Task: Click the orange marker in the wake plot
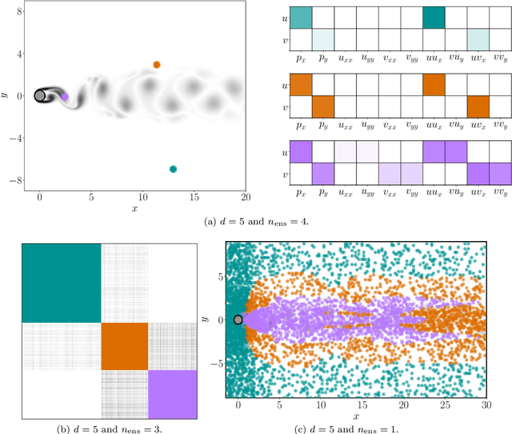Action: click(x=157, y=65)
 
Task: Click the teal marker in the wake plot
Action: click(x=173, y=169)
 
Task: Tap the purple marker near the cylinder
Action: click(x=65, y=97)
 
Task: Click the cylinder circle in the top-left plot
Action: click(x=40, y=96)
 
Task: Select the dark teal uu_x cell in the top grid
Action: click(x=434, y=18)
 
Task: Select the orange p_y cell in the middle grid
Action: click(x=322, y=107)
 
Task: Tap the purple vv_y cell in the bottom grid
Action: click(x=500, y=175)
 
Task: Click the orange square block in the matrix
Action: click(x=125, y=346)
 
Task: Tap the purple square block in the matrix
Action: click(x=172, y=394)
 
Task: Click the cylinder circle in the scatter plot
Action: click(x=238, y=320)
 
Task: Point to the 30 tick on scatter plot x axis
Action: click(x=485, y=406)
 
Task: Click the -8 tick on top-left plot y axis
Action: click(x=17, y=181)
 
